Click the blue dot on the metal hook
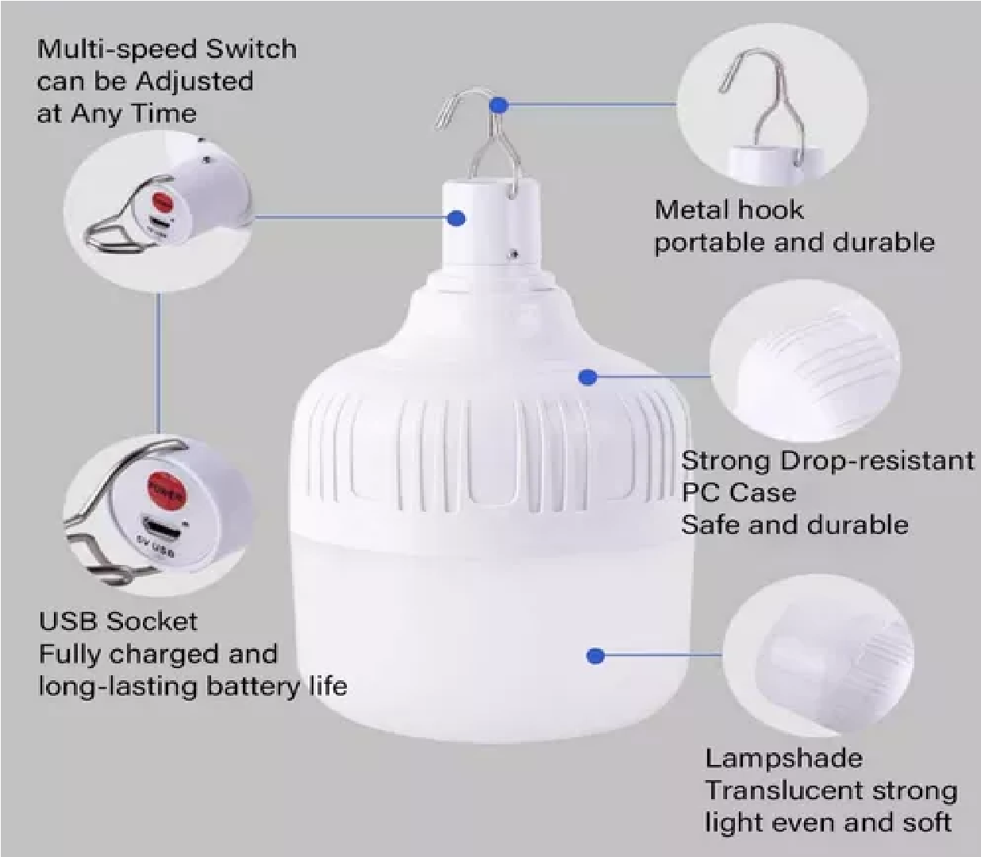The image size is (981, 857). [499, 105]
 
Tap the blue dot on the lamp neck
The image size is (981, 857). [456, 219]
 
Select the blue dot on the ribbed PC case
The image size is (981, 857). [588, 377]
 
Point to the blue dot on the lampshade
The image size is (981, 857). [595, 655]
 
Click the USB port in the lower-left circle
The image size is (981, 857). [160, 530]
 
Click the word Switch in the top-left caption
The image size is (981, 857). [252, 49]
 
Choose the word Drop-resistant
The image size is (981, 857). [878, 460]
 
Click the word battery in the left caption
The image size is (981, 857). [248, 687]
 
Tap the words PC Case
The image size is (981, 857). [739, 492]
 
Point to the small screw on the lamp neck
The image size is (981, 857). [514, 252]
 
